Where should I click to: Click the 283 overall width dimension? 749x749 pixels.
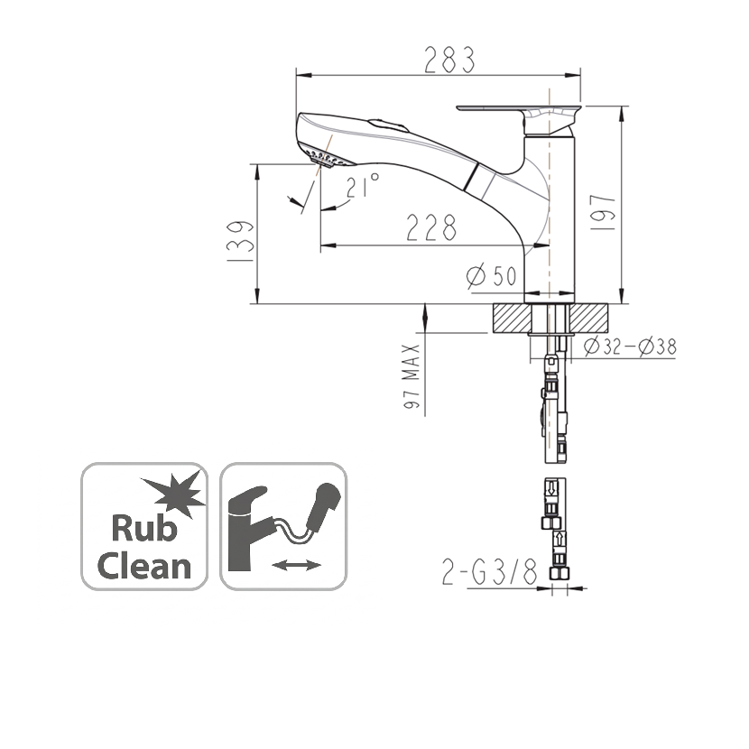(x=450, y=60)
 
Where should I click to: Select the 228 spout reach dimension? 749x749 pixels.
(x=431, y=227)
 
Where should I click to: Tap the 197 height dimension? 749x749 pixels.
(x=602, y=213)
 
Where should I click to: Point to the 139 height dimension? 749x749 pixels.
(x=240, y=241)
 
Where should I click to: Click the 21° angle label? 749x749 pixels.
(x=363, y=185)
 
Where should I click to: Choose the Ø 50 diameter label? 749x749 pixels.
(x=491, y=275)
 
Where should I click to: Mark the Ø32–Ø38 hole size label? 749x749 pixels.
(x=630, y=347)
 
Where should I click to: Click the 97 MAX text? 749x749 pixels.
(x=411, y=376)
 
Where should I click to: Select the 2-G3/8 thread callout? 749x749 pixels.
(x=490, y=571)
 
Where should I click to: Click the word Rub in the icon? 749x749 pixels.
(x=143, y=528)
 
